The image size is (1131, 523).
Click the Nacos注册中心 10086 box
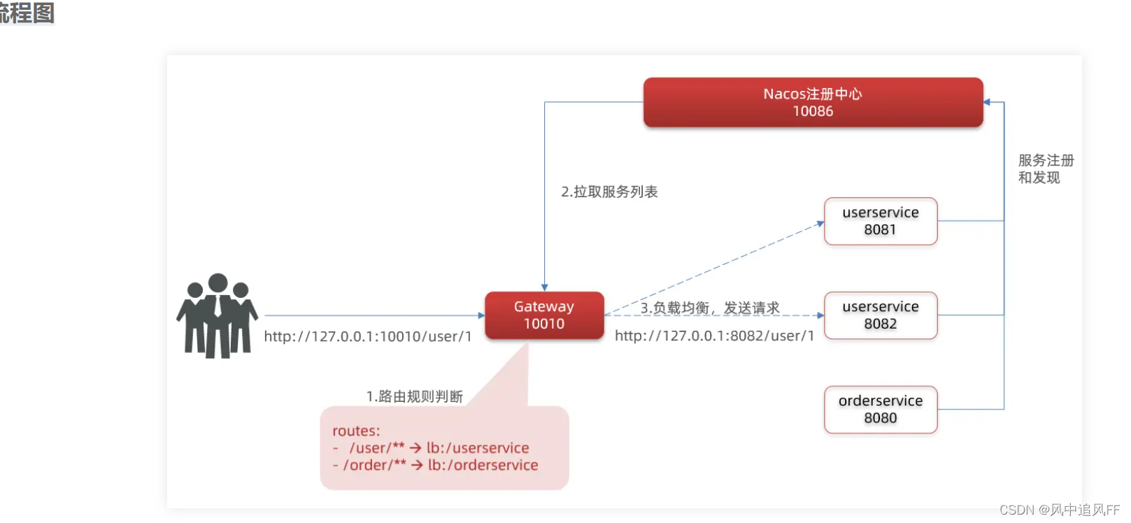[x=813, y=102]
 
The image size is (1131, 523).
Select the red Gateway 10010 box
[x=544, y=315]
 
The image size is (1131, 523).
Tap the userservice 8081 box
[x=881, y=221]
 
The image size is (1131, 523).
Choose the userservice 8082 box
[x=881, y=315]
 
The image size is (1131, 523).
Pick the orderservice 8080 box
[x=881, y=410]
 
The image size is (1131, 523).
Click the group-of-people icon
[x=218, y=316]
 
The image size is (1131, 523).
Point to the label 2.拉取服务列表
[x=609, y=192]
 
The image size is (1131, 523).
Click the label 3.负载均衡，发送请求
[x=710, y=308]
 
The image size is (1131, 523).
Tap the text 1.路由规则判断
[x=415, y=396]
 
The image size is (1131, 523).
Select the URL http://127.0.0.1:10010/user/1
[x=368, y=336]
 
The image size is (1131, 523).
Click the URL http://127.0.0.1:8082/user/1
[x=714, y=336]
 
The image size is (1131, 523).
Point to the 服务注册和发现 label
[x=1045, y=169]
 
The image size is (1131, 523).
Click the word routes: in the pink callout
[x=356, y=431]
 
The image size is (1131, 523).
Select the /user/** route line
[x=439, y=447]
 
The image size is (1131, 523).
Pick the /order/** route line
[x=441, y=465]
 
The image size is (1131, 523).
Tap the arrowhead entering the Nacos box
[x=987, y=102]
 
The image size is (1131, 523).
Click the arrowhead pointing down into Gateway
[x=545, y=287]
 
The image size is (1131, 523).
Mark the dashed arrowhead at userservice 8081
[x=820, y=224]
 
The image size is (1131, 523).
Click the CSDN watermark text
[x=1059, y=510]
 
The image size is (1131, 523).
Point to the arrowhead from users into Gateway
[x=481, y=315]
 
